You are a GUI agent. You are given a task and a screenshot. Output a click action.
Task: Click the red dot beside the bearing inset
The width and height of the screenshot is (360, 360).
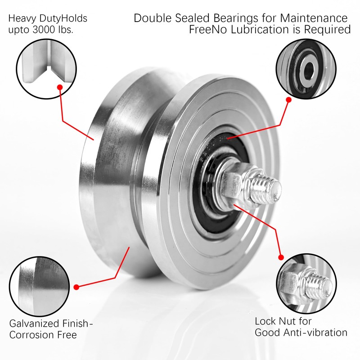point(289,99)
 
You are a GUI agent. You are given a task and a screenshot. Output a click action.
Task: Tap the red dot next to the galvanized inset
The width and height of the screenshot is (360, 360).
point(76,287)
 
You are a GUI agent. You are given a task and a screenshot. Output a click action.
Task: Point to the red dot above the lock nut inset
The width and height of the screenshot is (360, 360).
point(281,257)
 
